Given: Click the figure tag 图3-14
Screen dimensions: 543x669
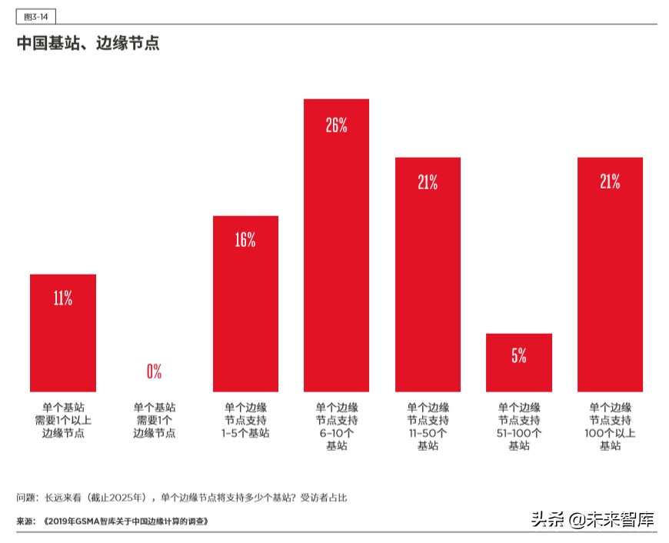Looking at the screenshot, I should click(x=35, y=16).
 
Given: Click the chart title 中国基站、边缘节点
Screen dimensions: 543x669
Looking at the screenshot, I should click(x=88, y=43).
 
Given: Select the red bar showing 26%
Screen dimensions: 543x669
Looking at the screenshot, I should click(x=336, y=246).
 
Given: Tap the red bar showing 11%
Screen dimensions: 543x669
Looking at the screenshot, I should click(x=63, y=333).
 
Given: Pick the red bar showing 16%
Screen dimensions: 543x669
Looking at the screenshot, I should click(x=245, y=304).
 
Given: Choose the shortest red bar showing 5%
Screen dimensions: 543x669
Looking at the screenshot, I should click(x=519, y=362).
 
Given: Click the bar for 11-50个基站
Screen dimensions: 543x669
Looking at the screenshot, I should click(x=428, y=275).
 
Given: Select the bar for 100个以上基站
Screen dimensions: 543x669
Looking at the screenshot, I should click(x=610, y=275).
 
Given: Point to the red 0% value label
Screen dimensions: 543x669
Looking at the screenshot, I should click(x=154, y=371).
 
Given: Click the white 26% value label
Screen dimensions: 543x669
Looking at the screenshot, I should click(x=336, y=125).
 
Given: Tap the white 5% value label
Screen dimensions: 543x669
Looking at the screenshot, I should click(x=519, y=355).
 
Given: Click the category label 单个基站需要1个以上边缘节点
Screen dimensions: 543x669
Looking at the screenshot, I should click(x=63, y=421).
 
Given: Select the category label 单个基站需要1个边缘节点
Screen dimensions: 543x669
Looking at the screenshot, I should click(x=154, y=421).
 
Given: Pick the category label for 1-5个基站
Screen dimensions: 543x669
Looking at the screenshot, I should click(x=245, y=421).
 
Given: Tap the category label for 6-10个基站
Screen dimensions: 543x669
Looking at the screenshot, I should click(x=336, y=427).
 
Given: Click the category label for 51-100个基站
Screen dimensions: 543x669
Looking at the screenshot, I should click(x=519, y=427).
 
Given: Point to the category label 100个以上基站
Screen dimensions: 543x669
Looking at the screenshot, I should click(x=610, y=427).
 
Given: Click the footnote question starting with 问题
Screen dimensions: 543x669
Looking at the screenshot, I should click(x=181, y=498).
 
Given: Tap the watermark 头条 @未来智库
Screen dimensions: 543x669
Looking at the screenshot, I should click(x=592, y=519).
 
